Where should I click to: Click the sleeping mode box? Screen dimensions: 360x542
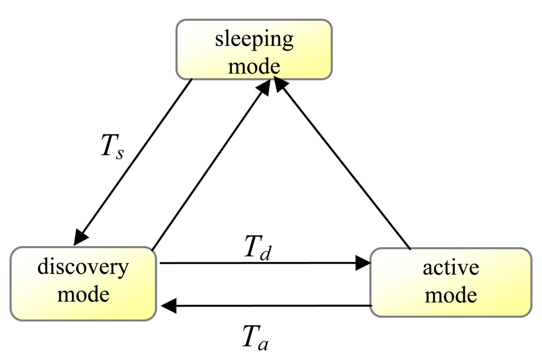coord(254,50)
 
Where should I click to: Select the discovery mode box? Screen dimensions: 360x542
coord(83,283)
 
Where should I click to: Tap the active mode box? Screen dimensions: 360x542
coord(450,282)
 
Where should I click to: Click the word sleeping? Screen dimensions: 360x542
coord(254,40)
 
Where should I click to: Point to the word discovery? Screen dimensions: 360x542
coord(83,267)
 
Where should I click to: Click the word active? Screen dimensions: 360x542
coord(450,267)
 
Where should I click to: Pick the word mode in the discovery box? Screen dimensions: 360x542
coord(83,294)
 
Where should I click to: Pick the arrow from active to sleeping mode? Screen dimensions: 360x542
coord(344,164)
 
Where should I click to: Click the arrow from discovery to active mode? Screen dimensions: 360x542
coord(265,263)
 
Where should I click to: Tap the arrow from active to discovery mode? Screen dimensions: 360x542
coord(265,305)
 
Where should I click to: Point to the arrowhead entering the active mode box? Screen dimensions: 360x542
coord(363,263)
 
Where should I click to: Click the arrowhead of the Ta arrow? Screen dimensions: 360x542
coord(168,305)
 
